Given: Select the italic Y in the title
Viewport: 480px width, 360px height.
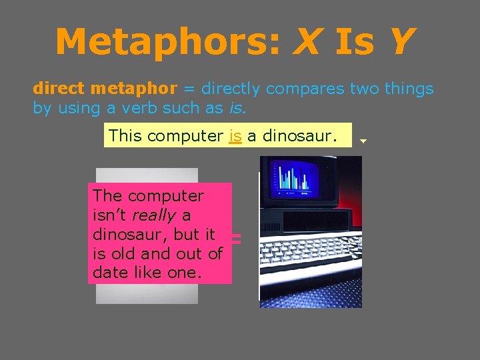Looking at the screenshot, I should (399, 41).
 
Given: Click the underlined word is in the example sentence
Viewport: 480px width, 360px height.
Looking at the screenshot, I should (235, 136).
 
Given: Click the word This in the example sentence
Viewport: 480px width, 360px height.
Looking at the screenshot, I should (125, 136).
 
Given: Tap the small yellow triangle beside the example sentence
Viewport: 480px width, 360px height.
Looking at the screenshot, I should (363, 141).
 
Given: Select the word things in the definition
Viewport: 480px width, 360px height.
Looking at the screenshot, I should (408, 89).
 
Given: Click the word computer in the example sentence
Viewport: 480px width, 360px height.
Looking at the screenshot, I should (185, 136).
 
